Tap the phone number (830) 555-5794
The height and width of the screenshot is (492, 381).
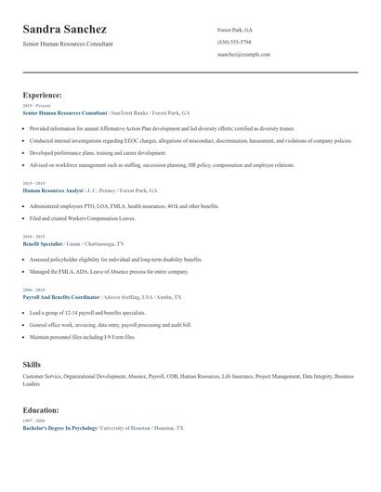(234, 42)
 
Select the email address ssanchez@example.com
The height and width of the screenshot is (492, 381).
(243, 55)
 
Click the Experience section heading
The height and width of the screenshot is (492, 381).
(42, 95)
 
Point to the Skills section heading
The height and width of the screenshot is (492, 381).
(32, 364)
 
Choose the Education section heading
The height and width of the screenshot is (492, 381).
(41, 409)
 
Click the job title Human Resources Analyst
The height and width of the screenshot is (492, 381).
(54, 189)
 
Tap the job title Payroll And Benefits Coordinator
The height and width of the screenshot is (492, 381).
(60, 297)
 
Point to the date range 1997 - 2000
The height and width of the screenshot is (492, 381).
(33, 421)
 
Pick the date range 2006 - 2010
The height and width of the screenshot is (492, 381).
(33, 290)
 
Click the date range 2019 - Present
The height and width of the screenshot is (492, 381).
(36, 106)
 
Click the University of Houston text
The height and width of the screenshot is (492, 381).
(125, 428)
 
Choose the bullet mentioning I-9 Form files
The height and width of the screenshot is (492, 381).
(82, 337)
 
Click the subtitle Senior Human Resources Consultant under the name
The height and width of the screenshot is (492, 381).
(68, 44)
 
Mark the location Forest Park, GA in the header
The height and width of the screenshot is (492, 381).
(235, 29)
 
